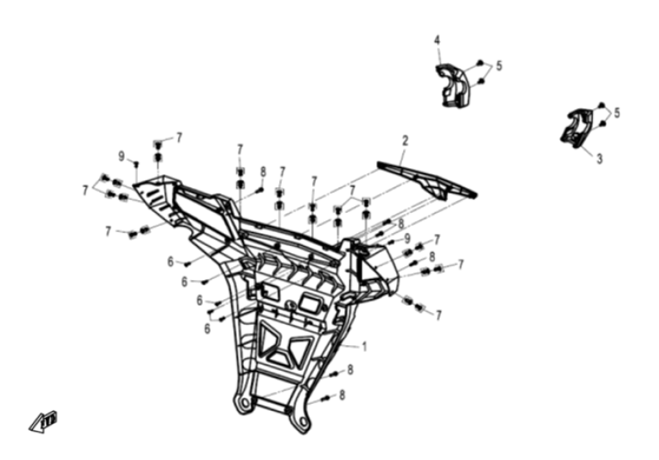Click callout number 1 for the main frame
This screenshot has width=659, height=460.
coord(364,347)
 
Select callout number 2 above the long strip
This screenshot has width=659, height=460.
coord(405,140)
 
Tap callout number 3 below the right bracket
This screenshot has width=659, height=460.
coord(599,159)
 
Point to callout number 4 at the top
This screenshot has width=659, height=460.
coord(437,39)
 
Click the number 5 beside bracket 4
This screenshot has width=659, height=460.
coord(499,66)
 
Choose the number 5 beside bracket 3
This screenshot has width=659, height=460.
coord(616,113)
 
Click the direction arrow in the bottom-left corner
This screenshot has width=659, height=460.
coord(44,419)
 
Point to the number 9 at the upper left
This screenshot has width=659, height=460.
coord(121,156)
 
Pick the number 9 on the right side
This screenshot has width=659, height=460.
coord(408,238)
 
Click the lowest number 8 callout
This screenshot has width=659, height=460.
coord(343,396)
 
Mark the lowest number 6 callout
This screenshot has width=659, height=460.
coord(208,328)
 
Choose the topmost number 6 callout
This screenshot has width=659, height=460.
coord(171,261)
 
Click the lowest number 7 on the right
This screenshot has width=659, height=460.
coord(438,315)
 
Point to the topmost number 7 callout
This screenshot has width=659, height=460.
coord(179,137)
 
